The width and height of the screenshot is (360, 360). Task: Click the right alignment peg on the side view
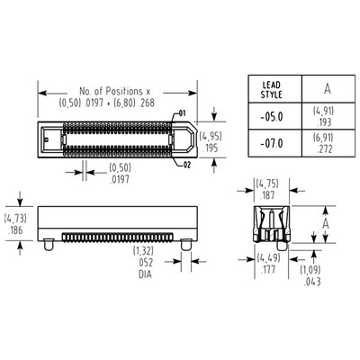(184, 244)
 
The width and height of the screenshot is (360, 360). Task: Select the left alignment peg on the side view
(48, 244)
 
